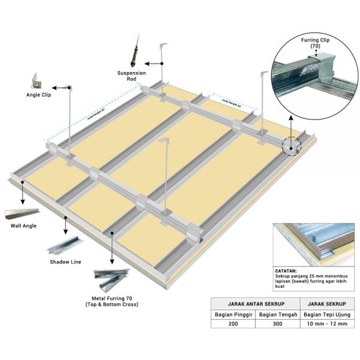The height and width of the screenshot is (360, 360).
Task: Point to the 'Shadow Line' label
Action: click(65, 262)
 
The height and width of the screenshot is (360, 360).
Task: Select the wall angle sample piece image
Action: click(22, 213)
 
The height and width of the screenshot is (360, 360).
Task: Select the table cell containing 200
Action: click(233, 324)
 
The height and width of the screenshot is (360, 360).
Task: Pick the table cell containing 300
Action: click(277, 324)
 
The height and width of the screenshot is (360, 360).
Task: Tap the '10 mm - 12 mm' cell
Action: click(326, 324)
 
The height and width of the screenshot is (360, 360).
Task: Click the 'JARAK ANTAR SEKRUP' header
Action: click(255, 303)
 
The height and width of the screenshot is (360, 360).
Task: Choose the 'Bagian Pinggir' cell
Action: click(233, 314)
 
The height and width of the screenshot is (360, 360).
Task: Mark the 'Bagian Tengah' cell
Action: click(277, 314)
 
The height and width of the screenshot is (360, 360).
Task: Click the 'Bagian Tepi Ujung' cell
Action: click(326, 314)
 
